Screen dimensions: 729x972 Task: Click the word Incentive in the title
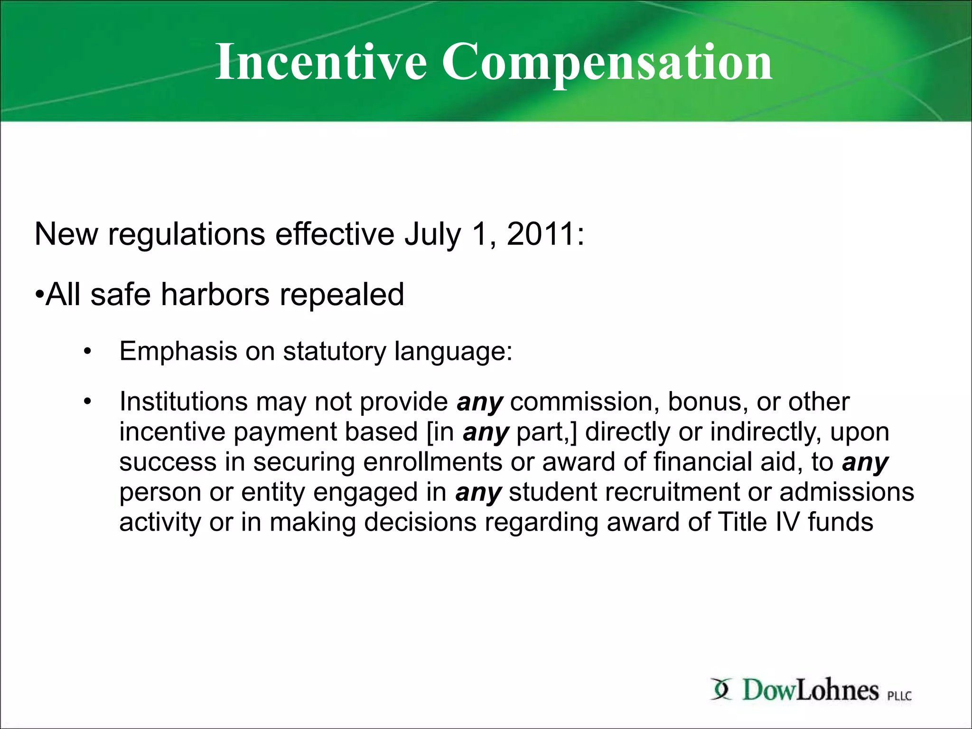tap(321, 62)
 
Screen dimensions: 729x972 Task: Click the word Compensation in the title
tap(607, 62)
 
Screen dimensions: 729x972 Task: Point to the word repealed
tap(342, 295)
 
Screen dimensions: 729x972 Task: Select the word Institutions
tap(184, 402)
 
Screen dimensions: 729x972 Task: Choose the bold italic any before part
tap(486, 433)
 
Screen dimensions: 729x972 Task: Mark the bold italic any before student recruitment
tap(478, 493)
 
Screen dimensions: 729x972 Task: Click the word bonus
tap(704, 402)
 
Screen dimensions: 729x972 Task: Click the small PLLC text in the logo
tap(899, 696)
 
